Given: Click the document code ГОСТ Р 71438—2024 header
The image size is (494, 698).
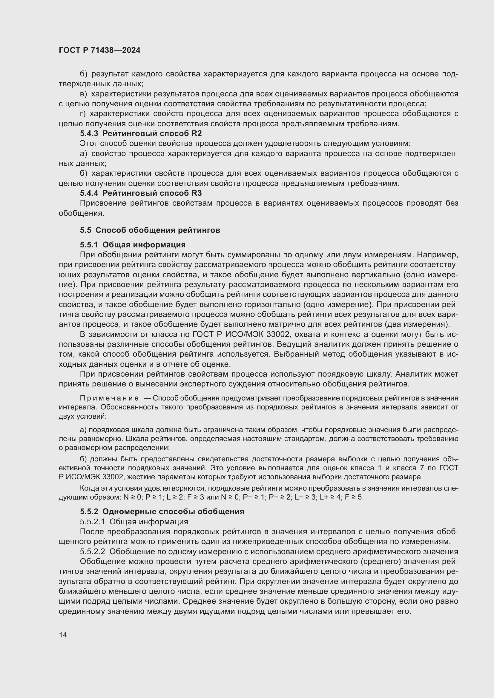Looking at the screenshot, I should coord(99,50).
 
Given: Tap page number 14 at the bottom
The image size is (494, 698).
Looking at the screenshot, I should coord(63,635).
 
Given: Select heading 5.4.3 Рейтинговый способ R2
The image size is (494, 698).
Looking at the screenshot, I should coord(141,133).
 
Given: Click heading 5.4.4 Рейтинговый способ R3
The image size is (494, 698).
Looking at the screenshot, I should coord(141,193).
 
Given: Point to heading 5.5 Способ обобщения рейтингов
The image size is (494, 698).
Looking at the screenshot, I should coord(150,230).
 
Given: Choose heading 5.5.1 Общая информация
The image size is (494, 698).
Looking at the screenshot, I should coord(133,245).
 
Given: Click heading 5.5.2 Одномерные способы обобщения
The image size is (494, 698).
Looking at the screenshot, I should coord(162,511).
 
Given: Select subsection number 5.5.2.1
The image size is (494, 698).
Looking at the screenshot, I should coord(93,522).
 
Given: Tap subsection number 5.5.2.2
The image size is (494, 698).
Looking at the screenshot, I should coord(93,551).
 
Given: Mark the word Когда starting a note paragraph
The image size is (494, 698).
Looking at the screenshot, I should coord(89,488).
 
